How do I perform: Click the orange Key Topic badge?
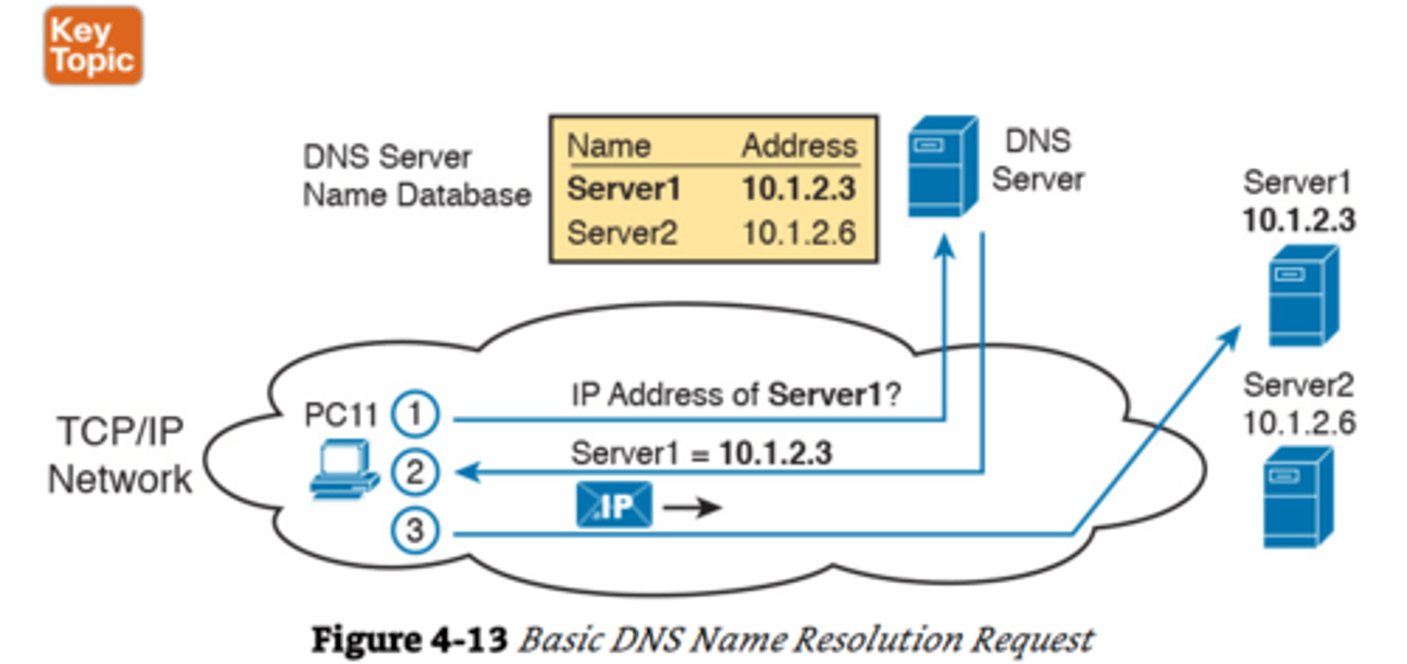click(x=93, y=45)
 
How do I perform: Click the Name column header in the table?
click(x=609, y=147)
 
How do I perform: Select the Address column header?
click(x=798, y=147)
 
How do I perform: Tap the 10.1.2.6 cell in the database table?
click(x=798, y=234)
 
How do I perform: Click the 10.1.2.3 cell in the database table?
click(x=798, y=190)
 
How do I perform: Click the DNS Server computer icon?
click(x=941, y=166)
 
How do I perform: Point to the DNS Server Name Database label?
click(x=416, y=176)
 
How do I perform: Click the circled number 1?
click(x=416, y=416)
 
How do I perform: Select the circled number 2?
click(x=416, y=473)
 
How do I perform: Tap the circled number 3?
click(x=416, y=532)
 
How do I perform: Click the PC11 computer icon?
click(x=343, y=469)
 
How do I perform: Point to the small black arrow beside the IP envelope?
click(x=692, y=509)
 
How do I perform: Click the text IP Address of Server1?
click(x=735, y=396)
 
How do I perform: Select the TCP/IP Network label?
click(x=119, y=456)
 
